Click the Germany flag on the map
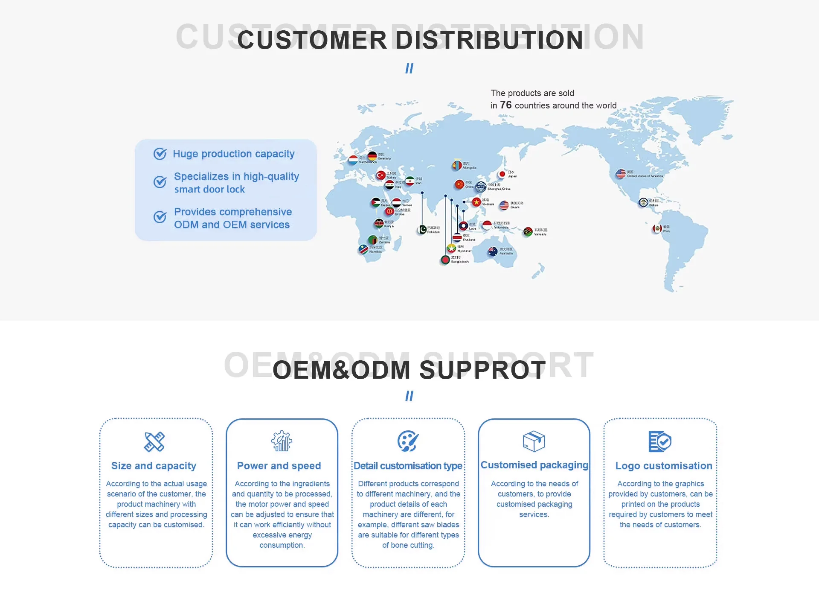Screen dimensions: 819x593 pyautogui.click(x=372, y=156)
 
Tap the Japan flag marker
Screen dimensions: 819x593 pyautogui.click(x=502, y=174)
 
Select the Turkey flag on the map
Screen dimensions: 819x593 pyautogui.click(x=380, y=175)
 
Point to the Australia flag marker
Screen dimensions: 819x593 pyautogui.click(x=493, y=251)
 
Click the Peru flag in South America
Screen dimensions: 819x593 pyautogui.click(x=657, y=229)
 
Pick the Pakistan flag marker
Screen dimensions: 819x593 pyautogui.click(x=422, y=230)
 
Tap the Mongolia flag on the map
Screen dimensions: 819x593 pyautogui.click(x=456, y=165)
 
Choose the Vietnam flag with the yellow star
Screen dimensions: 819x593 pyautogui.click(x=476, y=202)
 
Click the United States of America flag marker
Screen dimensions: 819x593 pyautogui.click(x=621, y=174)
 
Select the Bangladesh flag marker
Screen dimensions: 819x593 pyautogui.click(x=445, y=260)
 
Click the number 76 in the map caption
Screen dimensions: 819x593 pyautogui.click(x=505, y=105)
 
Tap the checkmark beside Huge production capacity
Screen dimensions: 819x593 pyautogui.click(x=160, y=154)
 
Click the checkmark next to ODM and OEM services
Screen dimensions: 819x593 pyautogui.click(x=160, y=217)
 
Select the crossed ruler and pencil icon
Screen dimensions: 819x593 pyautogui.click(x=154, y=441)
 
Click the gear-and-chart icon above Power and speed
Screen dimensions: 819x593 pyautogui.click(x=282, y=441)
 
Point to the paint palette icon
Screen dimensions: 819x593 pyautogui.click(x=408, y=441)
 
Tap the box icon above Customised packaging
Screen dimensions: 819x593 pyautogui.click(x=534, y=441)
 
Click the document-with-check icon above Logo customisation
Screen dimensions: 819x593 pyautogui.click(x=660, y=441)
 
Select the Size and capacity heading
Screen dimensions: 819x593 pyautogui.click(x=154, y=466)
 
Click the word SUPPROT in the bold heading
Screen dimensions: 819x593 pyautogui.click(x=482, y=370)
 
